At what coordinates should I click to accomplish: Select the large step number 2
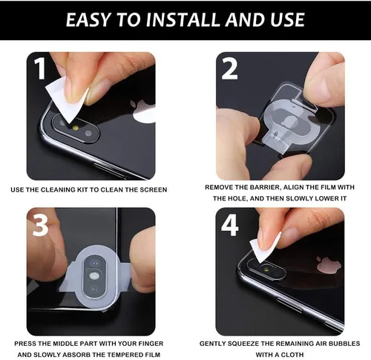pyautogui.click(x=230, y=68)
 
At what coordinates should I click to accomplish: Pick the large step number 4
pyautogui.click(x=230, y=224)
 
